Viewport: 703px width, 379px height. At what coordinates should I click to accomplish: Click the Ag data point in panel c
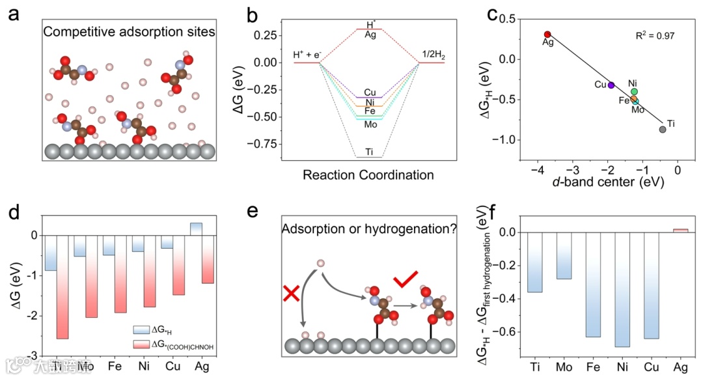click(547, 35)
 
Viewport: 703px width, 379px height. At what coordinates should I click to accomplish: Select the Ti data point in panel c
click(663, 130)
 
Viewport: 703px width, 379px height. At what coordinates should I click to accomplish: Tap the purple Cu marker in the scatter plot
click(611, 85)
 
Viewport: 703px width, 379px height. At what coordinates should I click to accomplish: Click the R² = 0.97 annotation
click(655, 33)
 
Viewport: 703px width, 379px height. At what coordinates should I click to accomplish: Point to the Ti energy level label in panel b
click(369, 152)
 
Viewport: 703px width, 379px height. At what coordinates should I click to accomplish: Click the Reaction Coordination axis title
click(368, 175)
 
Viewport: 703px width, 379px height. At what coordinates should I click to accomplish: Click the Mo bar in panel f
click(563, 255)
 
